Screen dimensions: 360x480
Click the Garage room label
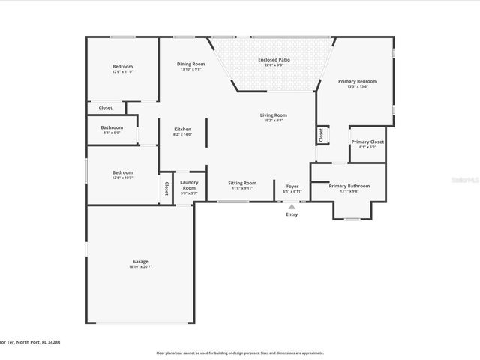(140, 262)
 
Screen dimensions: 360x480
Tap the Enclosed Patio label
(274, 60)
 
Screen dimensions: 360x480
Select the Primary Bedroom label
(357, 81)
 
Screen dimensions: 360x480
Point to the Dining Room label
(189, 64)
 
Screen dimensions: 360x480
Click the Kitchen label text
(183, 129)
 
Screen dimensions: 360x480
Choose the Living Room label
(274, 115)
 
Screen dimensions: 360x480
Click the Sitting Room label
(242, 183)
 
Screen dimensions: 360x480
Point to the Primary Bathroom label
(349, 186)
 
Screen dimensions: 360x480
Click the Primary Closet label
(367, 142)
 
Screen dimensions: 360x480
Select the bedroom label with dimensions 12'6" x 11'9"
(122, 67)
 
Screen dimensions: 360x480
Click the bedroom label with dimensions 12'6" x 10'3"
(122, 172)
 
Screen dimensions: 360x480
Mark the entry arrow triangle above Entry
(292, 207)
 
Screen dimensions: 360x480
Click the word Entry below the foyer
(292, 215)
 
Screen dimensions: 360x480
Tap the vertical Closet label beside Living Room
(321, 135)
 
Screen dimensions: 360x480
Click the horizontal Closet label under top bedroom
(106, 107)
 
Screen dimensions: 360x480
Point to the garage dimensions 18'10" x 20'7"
(140, 267)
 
